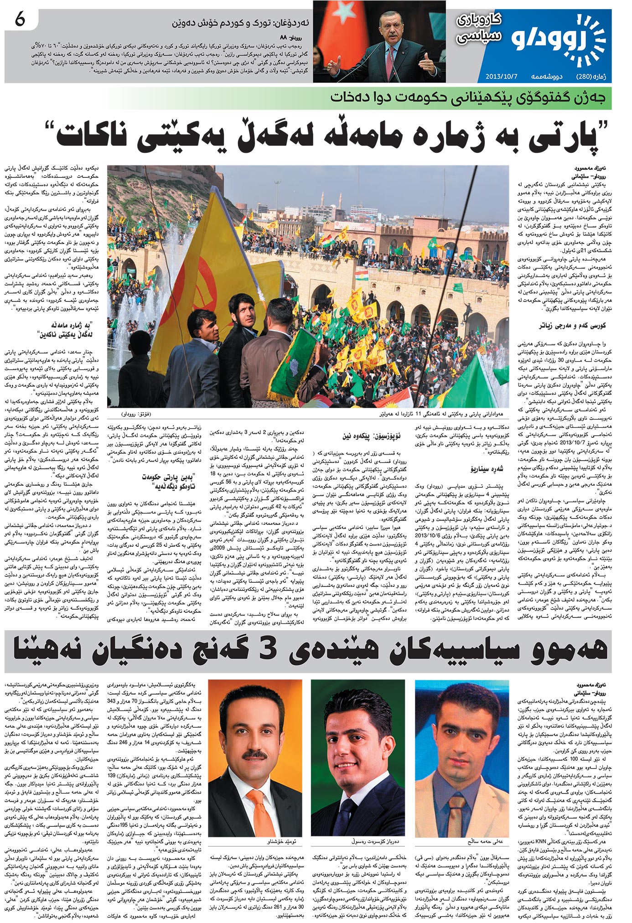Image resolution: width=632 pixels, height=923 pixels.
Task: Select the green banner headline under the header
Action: click(470, 98)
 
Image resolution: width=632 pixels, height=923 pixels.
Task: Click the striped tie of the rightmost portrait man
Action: click(457, 813)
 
